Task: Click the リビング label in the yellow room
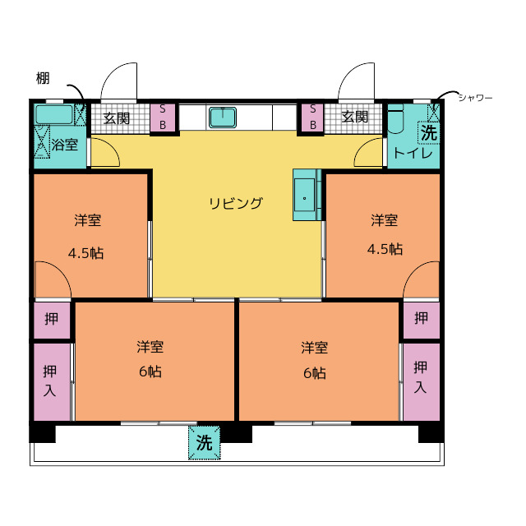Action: [235, 203]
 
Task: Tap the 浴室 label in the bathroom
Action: [65, 145]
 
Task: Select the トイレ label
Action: [408, 153]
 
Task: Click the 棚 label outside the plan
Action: [43, 79]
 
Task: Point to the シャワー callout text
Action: [475, 98]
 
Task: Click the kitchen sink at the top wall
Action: [223, 117]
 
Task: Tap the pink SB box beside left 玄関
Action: [163, 117]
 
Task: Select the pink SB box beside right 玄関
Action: [312, 117]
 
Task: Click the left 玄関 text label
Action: [117, 118]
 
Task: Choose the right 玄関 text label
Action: [355, 118]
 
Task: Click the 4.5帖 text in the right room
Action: [385, 248]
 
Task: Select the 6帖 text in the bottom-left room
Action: [150, 371]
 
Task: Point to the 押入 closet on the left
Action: [50, 380]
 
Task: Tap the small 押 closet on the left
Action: [51, 319]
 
